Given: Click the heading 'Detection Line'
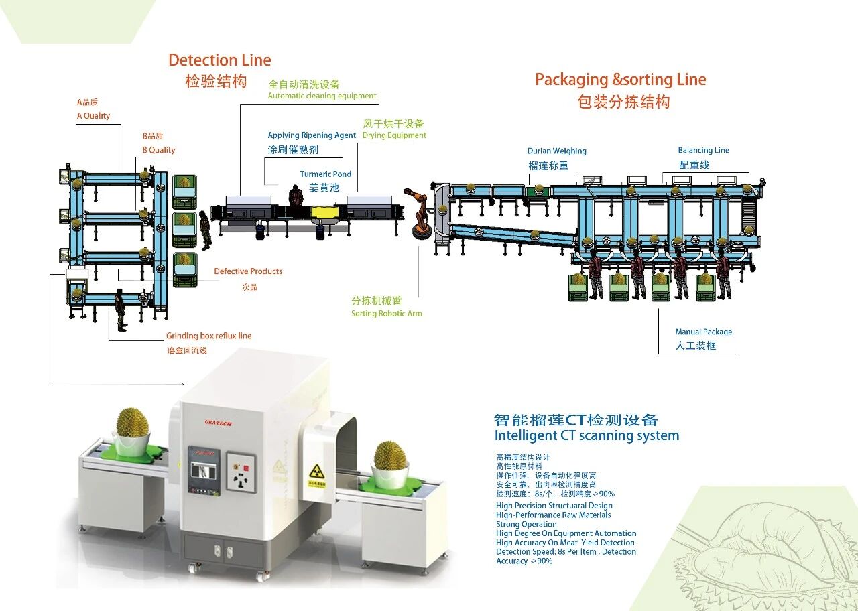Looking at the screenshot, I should click(x=220, y=60).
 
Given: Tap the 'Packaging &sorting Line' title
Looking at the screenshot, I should click(x=620, y=80).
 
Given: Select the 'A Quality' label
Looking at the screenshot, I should click(x=93, y=116).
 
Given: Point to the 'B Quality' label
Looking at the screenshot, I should click(x=159, y=150).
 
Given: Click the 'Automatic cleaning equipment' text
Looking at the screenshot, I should click(x=322, y=96).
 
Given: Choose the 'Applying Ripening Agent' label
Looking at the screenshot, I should click(x=312, y=135).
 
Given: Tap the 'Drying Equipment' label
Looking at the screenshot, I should click(x=394, y=135).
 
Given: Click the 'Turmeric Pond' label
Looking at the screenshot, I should click(x=326, y=174).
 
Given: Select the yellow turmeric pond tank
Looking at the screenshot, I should click(x=326, y=213).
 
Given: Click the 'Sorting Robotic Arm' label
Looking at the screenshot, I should click(x=387, y=314).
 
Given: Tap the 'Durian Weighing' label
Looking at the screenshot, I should click(x=556, y=151).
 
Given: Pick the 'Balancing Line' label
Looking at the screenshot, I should click(x=703, y=151).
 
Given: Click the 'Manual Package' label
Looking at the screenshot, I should click(x=703, y=332).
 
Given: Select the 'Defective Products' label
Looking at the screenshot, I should click(x=248, y=271).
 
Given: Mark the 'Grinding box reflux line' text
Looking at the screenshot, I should click(x=209, y=336).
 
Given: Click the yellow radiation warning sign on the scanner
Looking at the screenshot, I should click(x=316, y=470).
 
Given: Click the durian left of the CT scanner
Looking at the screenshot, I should click(x=133, y=423).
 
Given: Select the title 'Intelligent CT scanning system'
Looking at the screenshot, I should click(x=587, y=435).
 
